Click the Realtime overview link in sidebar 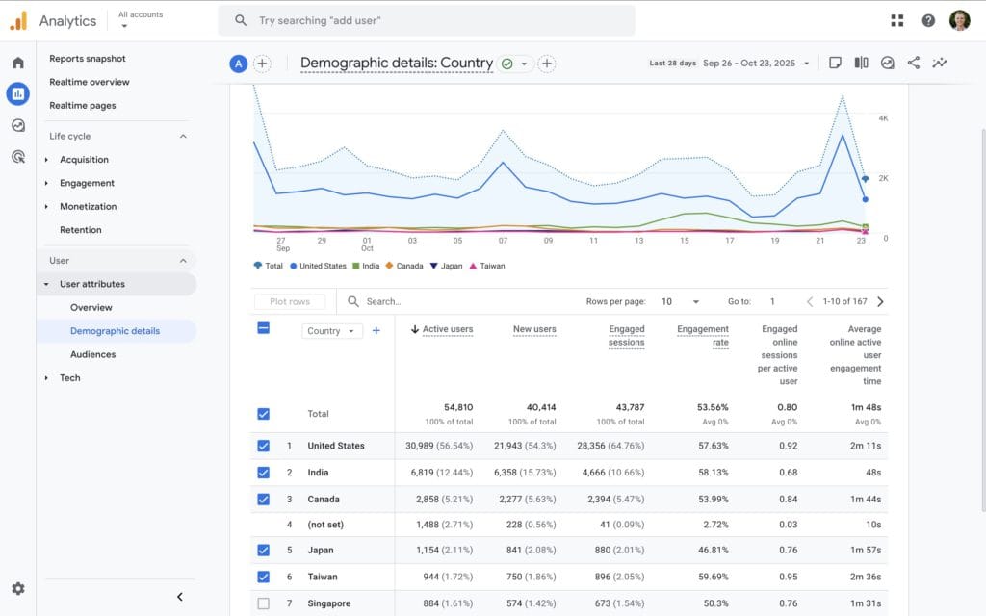coord(90,82)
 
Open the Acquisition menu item coord(84,160)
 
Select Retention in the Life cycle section coord(81,230)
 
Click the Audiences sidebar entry coord(92,354)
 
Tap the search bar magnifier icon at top coord(241,20)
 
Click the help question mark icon coord(928,20)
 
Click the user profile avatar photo coord(959,20)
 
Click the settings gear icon coord(18,589)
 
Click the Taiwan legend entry coord(486,266)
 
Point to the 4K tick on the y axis coord(883,117)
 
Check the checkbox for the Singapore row coord(264,603)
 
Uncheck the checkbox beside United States coord(264,446)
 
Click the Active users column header coord(448,329)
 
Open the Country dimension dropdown coord(331,330)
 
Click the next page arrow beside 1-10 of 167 coord(880,301)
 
